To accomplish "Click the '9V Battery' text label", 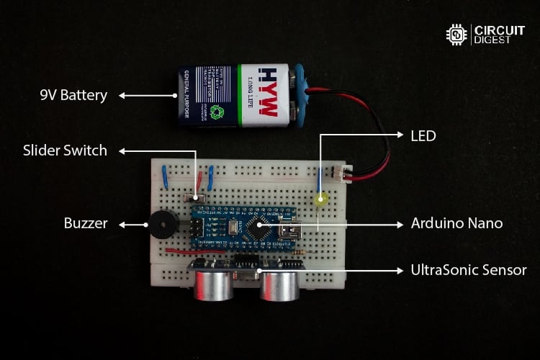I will click(73, 94).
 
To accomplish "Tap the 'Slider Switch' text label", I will click(65, 150).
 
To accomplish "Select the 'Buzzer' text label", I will click(86, 224).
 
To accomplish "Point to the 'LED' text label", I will click(423, 135).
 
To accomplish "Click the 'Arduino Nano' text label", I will click(456, 223).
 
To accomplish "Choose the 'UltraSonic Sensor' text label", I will click(469, 270).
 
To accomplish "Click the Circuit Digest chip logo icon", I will click(456, 34).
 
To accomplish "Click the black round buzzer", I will click(161, 225).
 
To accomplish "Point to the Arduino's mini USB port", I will click(292, 233).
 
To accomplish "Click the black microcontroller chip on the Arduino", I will click(256, 229).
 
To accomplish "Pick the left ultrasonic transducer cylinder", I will click(212, 283).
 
